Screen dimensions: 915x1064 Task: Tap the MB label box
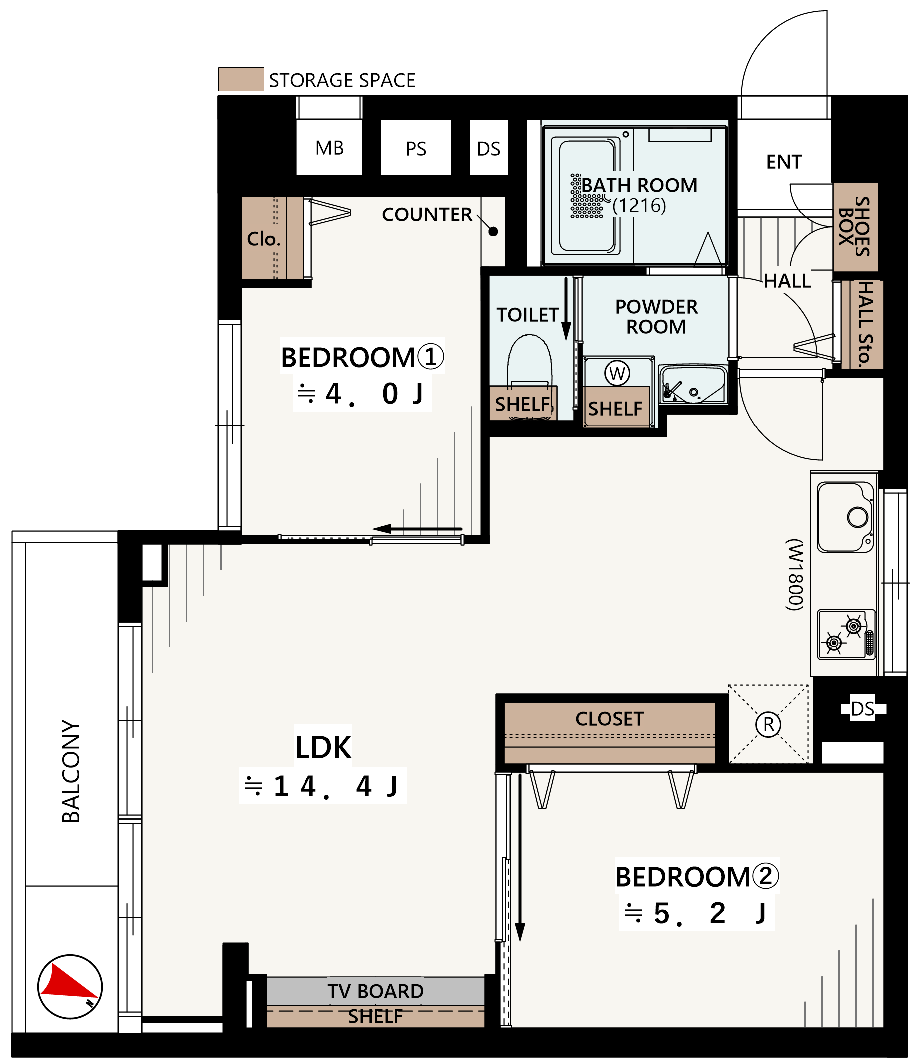(329, 148)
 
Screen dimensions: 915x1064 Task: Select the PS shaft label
(416, 149)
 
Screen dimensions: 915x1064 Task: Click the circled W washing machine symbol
(617, 373)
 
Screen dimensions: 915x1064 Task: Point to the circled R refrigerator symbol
(768, 724)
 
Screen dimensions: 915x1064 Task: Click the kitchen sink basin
(845, 517)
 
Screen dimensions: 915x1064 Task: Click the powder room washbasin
(693, 384)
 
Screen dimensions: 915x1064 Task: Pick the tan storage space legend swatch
(241, 79)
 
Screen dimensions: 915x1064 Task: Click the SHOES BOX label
(855, 226)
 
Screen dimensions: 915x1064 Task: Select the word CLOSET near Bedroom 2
(610, 719)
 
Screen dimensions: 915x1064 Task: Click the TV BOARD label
(375, 992)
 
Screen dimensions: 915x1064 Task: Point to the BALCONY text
(71, 771)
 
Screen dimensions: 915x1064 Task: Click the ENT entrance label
(784, 162)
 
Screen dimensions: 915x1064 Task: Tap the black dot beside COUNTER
(493, 231)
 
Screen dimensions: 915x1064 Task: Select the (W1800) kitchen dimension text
(794, 575)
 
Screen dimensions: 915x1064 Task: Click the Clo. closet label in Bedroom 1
(264, 239)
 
